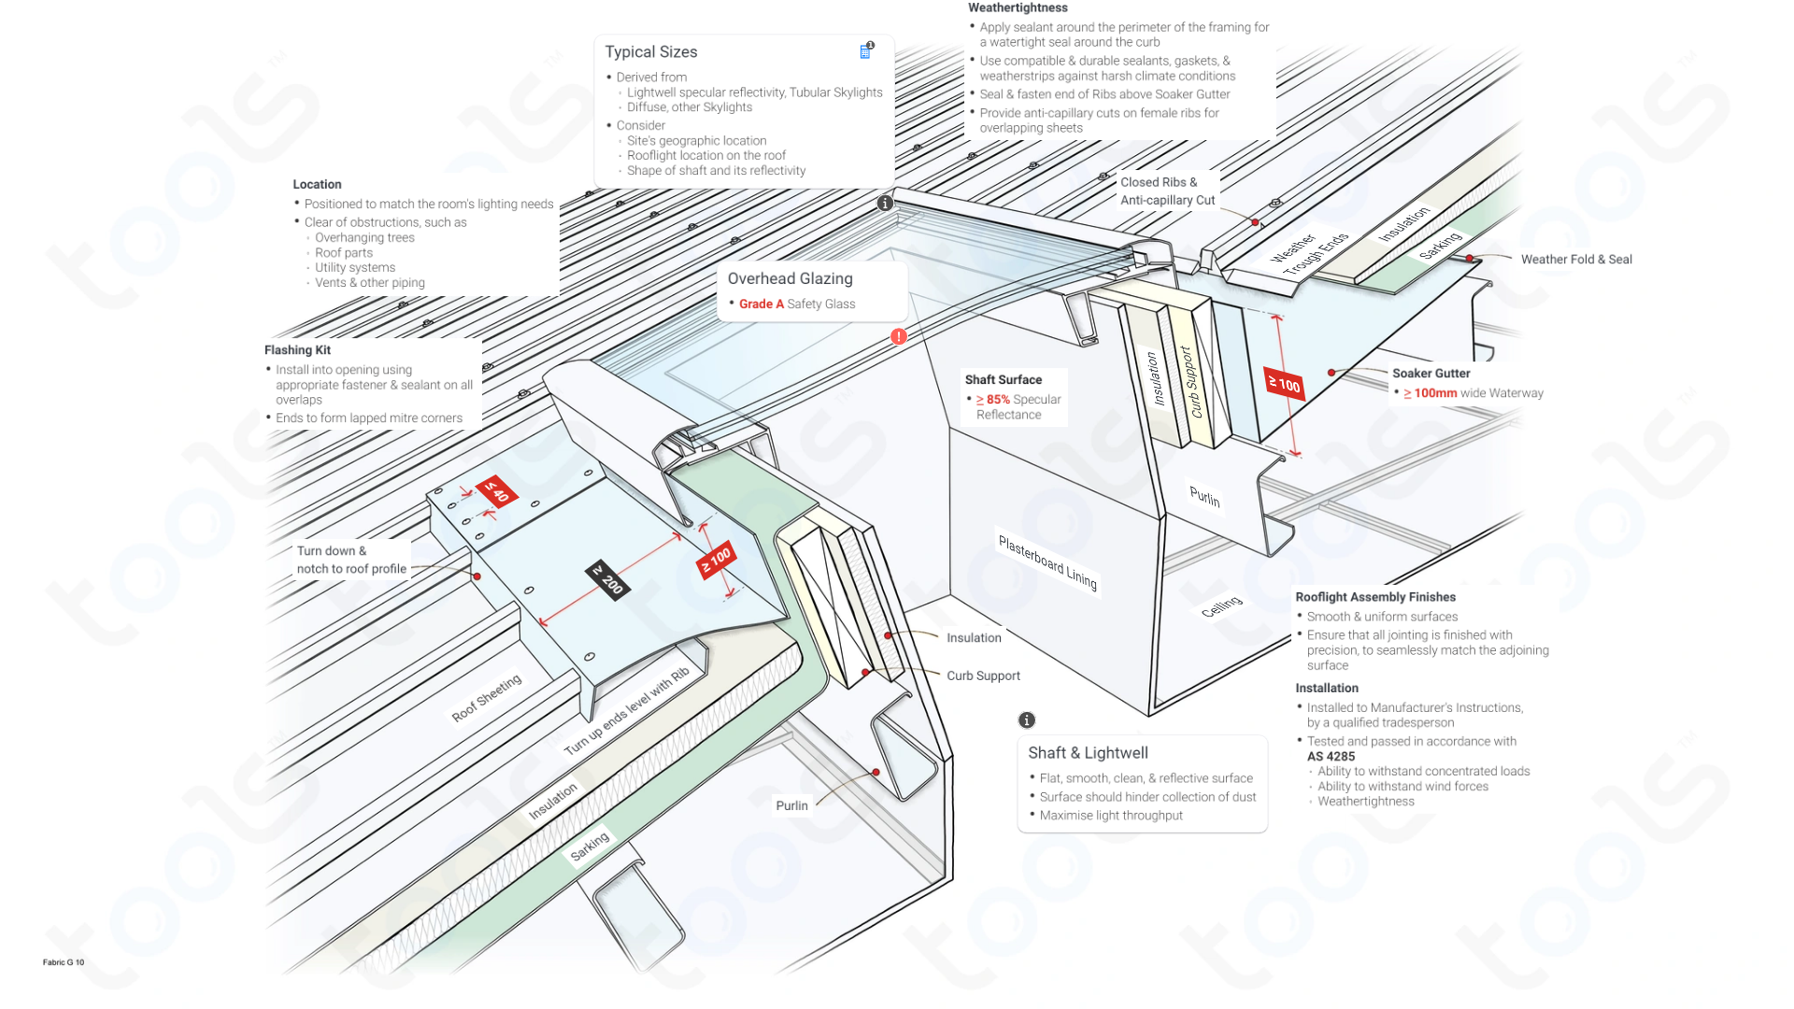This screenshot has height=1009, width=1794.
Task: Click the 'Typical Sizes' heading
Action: coord(650,52)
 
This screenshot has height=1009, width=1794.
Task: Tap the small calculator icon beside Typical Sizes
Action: coord(865,51)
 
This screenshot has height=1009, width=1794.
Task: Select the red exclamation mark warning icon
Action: coord(898,336)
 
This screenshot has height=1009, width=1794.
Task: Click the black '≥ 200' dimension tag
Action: coord(607,580)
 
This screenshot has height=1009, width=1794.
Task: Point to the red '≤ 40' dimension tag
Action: coord(494,490)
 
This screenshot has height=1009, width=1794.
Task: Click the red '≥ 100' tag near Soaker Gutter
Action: coord(1284,384)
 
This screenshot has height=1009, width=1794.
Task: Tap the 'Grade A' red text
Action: coord(761,305)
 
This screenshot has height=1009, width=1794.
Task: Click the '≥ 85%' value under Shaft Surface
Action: coord(993,400)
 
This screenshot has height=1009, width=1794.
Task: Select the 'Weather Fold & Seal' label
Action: coord(1575,260)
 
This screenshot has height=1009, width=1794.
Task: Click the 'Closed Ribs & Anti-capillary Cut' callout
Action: coord(1167,192)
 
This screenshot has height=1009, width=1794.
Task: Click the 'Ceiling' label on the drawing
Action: coord(1221,606)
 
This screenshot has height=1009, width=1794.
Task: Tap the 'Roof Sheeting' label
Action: coord(486,698)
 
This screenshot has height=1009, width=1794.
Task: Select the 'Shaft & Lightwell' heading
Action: coord(1088,753)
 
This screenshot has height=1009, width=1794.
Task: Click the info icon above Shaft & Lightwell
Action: coord(1026,720)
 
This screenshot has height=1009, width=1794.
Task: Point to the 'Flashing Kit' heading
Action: coord(297,350)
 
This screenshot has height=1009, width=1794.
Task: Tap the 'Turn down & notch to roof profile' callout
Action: coord(351,560)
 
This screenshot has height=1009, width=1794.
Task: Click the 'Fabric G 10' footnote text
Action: coord(64,962)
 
